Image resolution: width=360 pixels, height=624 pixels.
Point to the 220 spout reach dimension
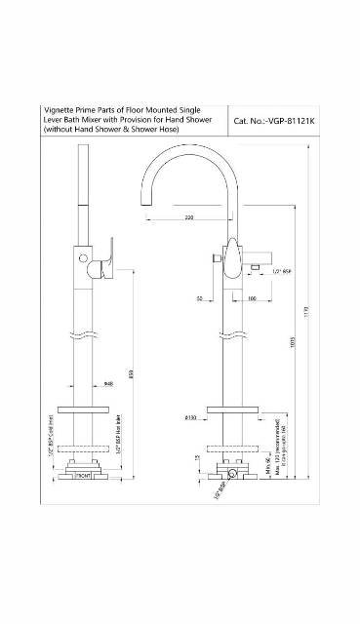point(189,217)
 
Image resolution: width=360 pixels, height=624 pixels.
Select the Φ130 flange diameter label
point(193,418)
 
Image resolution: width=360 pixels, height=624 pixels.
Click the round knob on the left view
point(85,259)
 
